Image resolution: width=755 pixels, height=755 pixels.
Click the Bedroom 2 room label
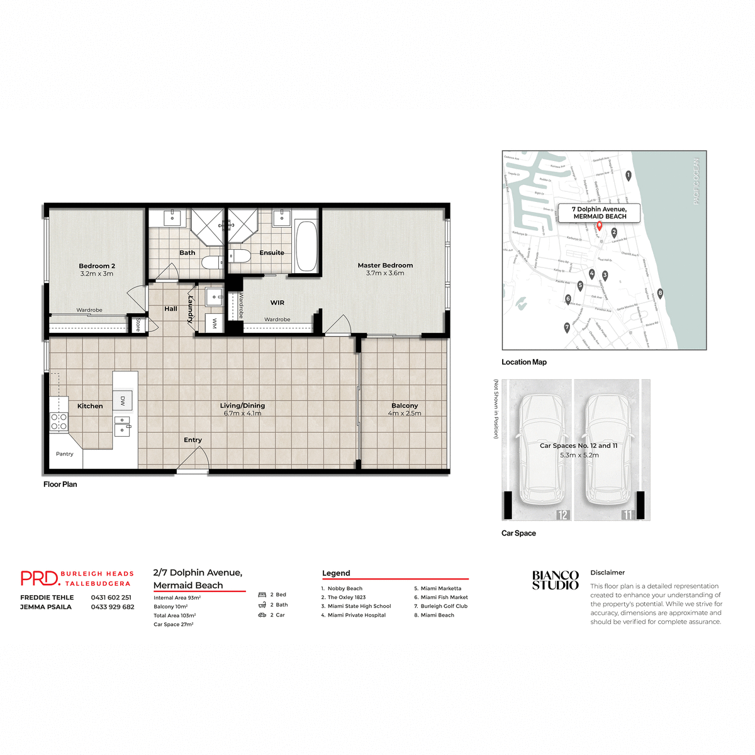(97, 266)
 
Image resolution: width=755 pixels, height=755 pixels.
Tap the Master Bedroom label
(385, 266)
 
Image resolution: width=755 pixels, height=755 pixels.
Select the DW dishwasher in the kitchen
(123, 401)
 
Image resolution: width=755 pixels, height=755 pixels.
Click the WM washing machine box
(215, 323)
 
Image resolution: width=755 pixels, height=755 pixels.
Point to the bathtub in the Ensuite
(306, 245)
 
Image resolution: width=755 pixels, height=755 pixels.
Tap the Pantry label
(65, 454)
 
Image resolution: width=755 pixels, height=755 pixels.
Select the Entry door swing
(193, 460)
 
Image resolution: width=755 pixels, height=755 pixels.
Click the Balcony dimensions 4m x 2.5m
(405, 413)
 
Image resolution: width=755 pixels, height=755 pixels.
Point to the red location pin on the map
(599, 226)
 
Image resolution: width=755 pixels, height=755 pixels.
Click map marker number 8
(660, 293)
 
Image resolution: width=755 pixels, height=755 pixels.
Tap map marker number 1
(628, 176)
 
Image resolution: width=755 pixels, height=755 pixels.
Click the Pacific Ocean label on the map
(696, 181)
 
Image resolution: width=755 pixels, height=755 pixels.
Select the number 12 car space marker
(562, 515)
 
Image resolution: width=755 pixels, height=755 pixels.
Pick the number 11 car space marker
(628, 515)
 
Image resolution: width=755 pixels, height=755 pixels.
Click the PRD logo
(40, 578)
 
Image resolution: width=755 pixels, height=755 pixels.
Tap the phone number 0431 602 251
(111, 598)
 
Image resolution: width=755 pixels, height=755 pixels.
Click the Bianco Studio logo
(555, 580)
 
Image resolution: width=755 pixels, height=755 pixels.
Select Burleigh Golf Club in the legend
(444, 607)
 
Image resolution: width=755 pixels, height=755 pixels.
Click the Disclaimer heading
(608, 573)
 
